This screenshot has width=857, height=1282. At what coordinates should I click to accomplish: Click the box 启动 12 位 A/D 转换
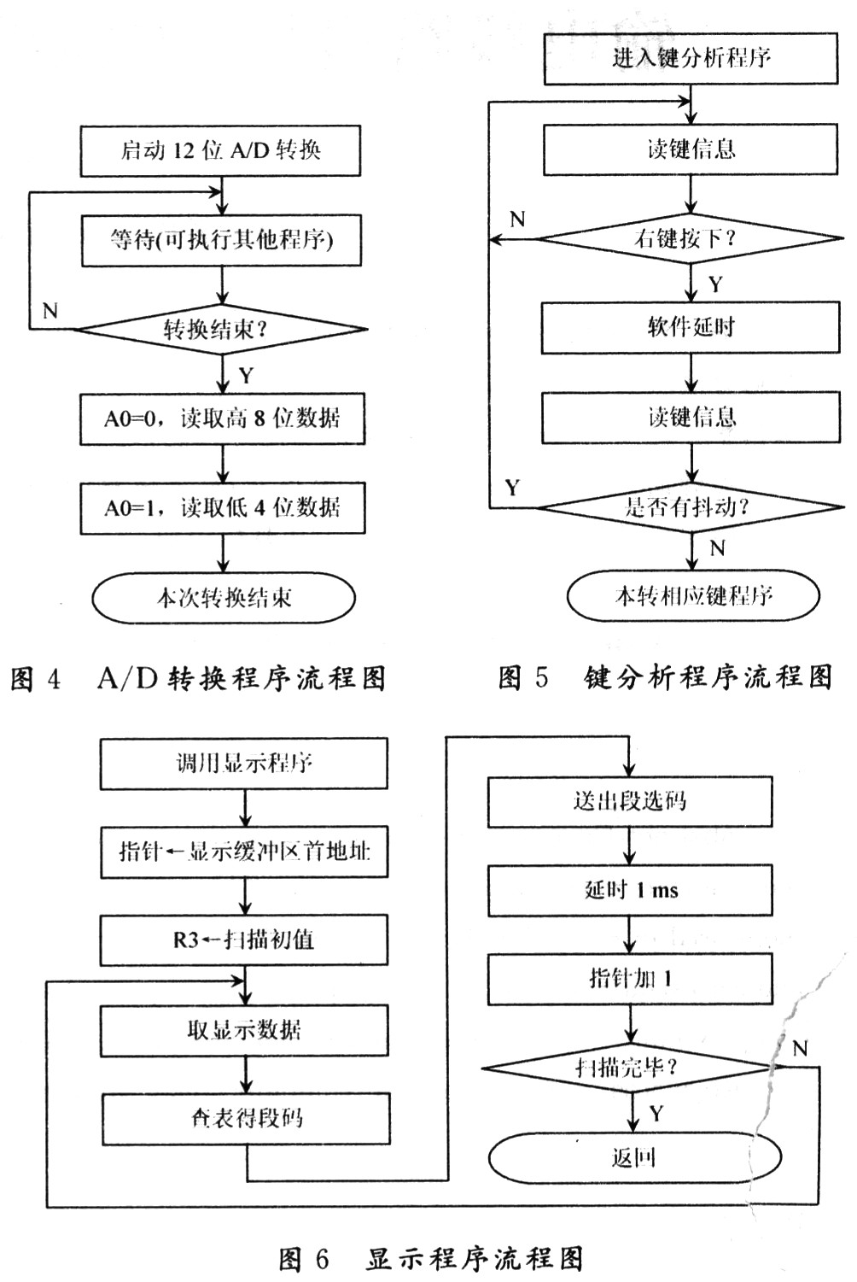point(220,151)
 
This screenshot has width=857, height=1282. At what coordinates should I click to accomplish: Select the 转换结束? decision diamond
point(222,329)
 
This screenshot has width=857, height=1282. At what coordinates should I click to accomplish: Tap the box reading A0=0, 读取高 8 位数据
point(222,419)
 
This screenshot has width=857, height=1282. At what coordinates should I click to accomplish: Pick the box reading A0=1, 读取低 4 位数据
point(222,508)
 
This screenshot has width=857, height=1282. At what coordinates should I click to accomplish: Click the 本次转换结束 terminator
point(223,597)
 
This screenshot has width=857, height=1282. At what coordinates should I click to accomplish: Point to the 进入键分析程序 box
point(691,58)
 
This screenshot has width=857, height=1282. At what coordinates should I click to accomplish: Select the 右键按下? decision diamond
point(690,239)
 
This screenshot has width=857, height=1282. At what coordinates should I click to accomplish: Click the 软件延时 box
point(691,327)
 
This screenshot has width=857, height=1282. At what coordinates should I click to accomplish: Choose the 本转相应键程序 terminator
point(693,595)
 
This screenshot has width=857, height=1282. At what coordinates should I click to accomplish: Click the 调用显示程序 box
point(244,763)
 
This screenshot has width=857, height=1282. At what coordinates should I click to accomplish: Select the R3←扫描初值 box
point(244,940)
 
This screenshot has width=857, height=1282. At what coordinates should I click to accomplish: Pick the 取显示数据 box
point(244,1030)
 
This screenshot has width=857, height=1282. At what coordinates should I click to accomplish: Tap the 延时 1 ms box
point(630,891)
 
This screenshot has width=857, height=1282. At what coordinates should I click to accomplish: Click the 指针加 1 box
point(630,978)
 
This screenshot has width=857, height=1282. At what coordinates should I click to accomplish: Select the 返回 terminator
point(634,1157)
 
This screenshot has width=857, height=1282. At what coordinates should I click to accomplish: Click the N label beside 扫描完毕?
point(799,1049)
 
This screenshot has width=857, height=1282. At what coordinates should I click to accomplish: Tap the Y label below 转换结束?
point(246,376)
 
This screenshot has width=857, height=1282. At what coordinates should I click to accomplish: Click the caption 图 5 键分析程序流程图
point(665,678)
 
